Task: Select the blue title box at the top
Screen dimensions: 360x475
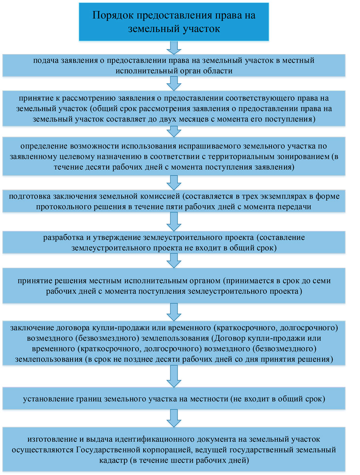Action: (x=174, y=22)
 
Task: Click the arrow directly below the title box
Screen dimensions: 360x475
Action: (x=174, y=48)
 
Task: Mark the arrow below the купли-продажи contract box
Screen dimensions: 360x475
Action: (x=174, y=376)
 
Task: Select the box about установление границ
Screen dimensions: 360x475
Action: (x=174, y=399)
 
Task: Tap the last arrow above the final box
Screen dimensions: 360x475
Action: (x=174, y=418)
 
